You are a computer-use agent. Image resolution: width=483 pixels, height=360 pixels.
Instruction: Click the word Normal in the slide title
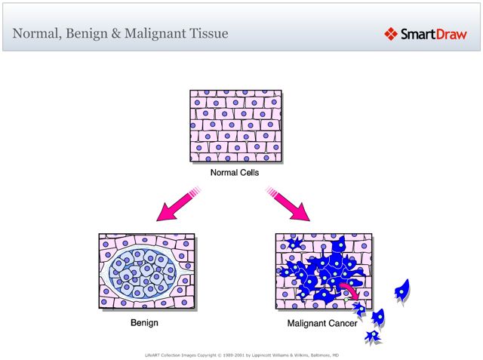click(x=35, y=34)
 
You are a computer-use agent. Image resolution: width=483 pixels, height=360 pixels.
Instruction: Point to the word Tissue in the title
click(x=206, y=34)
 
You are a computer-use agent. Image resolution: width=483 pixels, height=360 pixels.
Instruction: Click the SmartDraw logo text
click(x=433, y=34)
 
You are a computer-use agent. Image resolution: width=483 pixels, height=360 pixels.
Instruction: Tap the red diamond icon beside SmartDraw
click(x=391, y=34)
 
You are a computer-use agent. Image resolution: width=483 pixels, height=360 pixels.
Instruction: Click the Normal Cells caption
click(x=235, y=173)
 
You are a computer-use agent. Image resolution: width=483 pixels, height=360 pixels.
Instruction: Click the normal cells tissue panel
click(x=235, y=126)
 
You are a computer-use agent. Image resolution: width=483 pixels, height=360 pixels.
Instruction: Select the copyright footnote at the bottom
click(x=241, y=353)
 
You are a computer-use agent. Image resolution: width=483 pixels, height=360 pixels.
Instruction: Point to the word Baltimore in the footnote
click(x=317, y=353)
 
